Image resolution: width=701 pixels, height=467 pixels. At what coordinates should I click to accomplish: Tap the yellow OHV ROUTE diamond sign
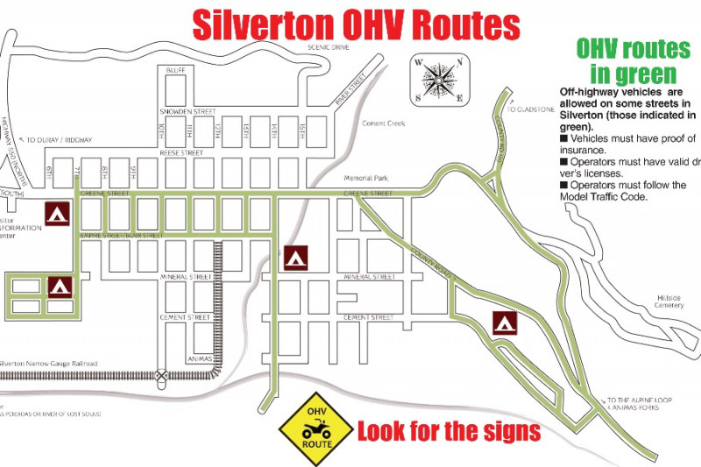[316, 428]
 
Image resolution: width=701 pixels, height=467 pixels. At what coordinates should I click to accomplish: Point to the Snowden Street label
[187, 112]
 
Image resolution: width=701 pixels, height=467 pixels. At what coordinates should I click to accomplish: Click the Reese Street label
[181, 152]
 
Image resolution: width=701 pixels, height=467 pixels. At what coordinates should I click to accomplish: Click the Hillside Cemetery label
[669, 301]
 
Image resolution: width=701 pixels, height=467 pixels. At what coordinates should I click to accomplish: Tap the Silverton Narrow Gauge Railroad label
[48, 364]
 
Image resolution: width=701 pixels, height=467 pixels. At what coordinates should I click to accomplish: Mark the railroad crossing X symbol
[162, 375]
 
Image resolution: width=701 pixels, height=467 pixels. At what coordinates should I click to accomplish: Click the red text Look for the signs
[449, 431]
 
